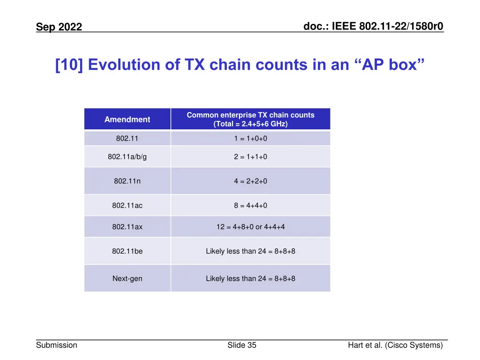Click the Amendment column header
[127, 120]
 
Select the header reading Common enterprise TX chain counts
[250, 120]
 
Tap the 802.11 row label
[127, 138]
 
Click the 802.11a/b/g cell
[127, 157]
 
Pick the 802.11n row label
[127, 181]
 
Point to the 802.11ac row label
[127, 205]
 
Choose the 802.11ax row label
[127, 227]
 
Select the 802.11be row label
[127, 251]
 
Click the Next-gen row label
[127, 278]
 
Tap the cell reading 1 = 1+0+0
[250, 138]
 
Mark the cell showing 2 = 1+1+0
[250, 157]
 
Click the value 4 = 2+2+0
[250, 181]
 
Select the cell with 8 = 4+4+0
[250, 205]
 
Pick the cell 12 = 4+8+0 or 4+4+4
[250, 227]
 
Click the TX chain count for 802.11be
[250, 251]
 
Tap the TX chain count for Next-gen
[250, 278]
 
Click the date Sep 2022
[59, 27]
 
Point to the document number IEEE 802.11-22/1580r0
[373, 27]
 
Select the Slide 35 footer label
[242, 345]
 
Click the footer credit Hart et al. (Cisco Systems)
[395, 345]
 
